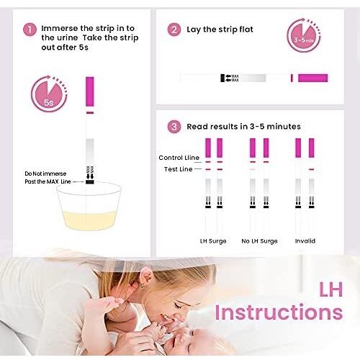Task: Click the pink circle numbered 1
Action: [x=30, y=30]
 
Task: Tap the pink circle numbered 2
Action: [x=174, y=30]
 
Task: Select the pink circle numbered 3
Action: [x=174, y=126]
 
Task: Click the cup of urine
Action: [x=89, y=208]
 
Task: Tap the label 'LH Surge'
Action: [x=212, y=240]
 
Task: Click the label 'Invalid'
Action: [x=305, y=240]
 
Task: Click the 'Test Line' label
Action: [x=176, y=168]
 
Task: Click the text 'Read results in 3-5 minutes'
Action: [x=243, y=126]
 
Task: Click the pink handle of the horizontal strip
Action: [x=313, y=78]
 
